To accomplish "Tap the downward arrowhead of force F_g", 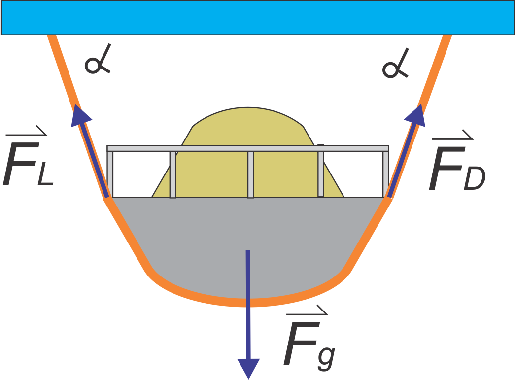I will [248, 367].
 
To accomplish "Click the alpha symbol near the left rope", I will [96, 64].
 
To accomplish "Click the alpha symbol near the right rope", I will [394, 66].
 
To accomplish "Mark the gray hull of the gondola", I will [207, 237].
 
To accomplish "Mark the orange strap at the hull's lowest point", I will [248, 302].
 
